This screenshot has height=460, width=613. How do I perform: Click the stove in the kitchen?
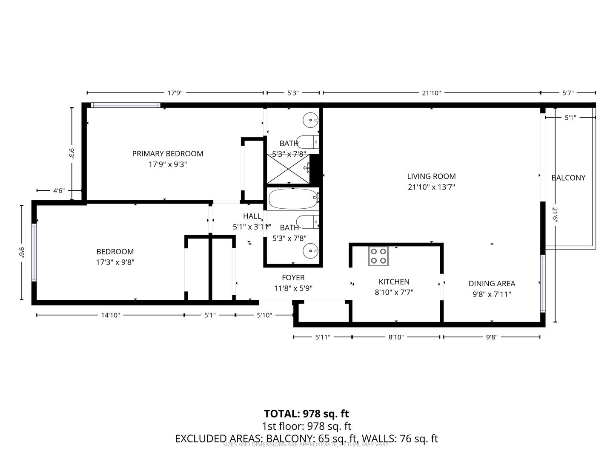pos(378,256)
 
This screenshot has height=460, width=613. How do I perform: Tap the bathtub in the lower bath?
pos(293,199)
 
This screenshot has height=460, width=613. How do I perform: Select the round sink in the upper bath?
pos(310,120)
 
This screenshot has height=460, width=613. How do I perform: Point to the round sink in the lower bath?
pos(310,251)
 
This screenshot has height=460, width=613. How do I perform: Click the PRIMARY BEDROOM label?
pos(167,154)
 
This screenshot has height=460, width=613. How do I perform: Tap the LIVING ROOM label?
pos(431,176)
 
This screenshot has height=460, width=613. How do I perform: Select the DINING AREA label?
pos(492,284)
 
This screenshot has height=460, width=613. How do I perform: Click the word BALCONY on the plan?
pos(568,178)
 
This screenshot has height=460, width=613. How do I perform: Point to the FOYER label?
pos(293,278)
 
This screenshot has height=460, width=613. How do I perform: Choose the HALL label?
pos(252,216)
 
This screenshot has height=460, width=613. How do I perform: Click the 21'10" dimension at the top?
pos(431,93)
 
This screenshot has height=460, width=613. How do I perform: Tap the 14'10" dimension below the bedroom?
pos(110,315)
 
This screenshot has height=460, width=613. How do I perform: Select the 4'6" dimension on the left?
pos(58,191)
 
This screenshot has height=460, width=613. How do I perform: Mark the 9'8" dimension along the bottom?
pos(491,337)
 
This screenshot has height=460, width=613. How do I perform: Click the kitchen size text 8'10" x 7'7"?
pos(394,292)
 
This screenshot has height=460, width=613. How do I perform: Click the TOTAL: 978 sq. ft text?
pos(306,414)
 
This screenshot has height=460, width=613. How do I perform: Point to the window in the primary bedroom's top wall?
pos(126,105)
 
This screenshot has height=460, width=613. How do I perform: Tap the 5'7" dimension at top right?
pos(568,93)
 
